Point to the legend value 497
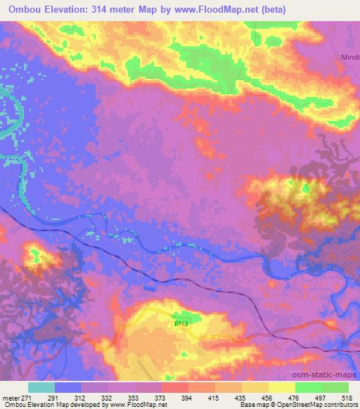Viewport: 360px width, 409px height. (x=321, y=398)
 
